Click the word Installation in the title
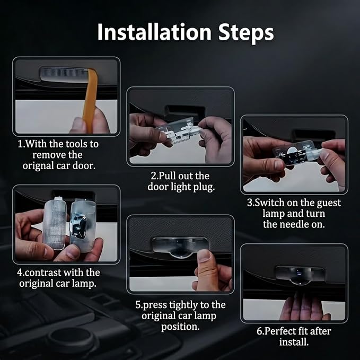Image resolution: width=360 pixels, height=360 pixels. pyautogui.click(x=154, y=32)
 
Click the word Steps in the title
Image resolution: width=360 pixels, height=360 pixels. pyautogui.click(x=246, y=33)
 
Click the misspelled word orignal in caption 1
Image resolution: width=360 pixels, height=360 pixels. pyautogui.click(x=38, y=166)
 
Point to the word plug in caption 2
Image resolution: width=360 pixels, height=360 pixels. pyautogui.click(x=204, y=187)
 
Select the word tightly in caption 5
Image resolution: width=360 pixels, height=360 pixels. pyautogui.click(x=183, y=305)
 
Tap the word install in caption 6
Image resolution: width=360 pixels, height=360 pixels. pyautogui.click(x=294, y=342)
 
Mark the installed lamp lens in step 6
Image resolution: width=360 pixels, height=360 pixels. pyautogui.click(x=300, y=276)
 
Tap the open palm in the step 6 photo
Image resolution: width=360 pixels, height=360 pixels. pyautogui.click(x=304, y=308)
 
